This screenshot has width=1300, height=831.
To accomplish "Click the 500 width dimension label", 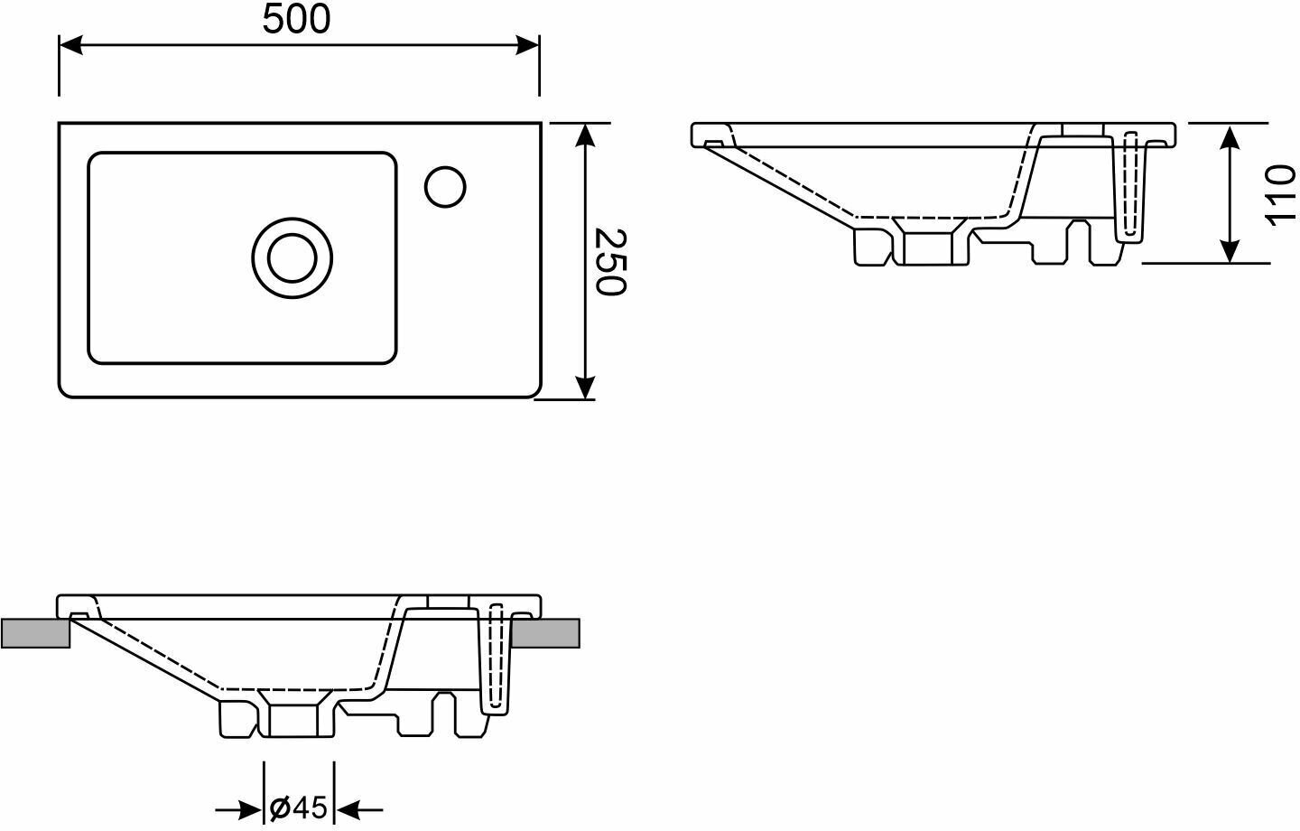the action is pos(297,20).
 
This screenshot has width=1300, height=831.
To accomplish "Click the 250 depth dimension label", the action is pos(610,262).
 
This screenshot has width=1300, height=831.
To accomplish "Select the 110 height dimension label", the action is pos(1280,194).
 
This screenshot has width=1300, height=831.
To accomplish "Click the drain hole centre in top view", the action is pos(292,257).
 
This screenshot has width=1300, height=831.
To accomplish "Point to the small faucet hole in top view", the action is pos(445,186).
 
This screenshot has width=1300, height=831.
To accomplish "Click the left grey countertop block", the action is pos(35,633).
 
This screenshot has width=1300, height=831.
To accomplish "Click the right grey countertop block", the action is pos(544,633).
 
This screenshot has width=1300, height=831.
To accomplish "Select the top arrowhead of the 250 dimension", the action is pos(586,134).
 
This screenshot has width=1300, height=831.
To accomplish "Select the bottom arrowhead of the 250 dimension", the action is pos(586,387).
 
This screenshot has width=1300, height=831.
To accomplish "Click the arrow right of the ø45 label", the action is pos(349,809).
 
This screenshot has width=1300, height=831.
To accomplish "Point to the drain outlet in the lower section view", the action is pos(293,718).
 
